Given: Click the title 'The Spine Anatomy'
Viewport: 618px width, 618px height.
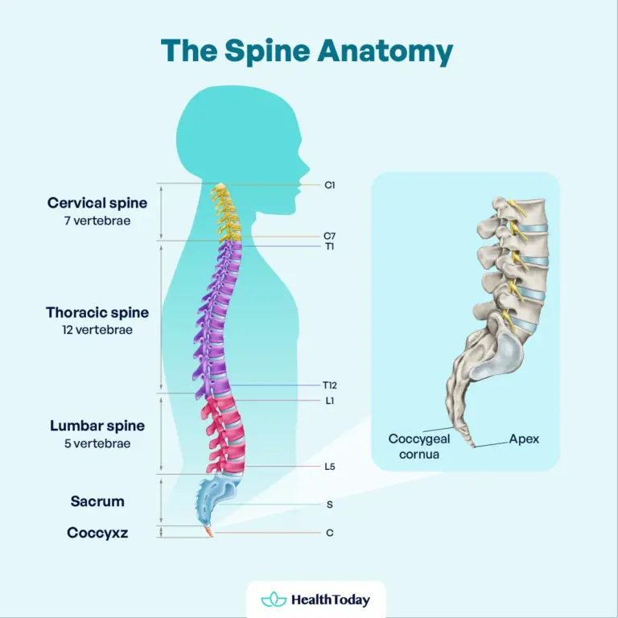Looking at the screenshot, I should tap(307, 50).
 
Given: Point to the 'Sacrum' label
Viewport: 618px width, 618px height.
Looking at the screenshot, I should tap(97, 501).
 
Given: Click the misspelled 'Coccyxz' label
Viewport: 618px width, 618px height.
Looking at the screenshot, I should tap(97, 532).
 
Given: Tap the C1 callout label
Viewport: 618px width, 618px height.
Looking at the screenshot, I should tap(330, 185).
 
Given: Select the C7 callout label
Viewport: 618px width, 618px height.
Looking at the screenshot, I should tap(330, 236).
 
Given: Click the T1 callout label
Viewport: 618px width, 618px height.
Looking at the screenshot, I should tap(330, 246).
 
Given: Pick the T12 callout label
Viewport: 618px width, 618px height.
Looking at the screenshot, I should tap(330, 385).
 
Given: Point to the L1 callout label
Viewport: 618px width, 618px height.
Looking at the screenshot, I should tap(330, 400).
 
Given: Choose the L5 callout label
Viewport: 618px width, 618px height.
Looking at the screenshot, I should tap(330, 467).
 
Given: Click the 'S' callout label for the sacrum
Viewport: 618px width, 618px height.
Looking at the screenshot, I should tap(330, 505).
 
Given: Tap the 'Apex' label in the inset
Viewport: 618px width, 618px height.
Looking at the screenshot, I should tap(524, 439).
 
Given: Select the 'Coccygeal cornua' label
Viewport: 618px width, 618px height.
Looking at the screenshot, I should tap(418, 447).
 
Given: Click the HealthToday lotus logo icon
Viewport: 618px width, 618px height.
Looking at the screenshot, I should tap(274, 599).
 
